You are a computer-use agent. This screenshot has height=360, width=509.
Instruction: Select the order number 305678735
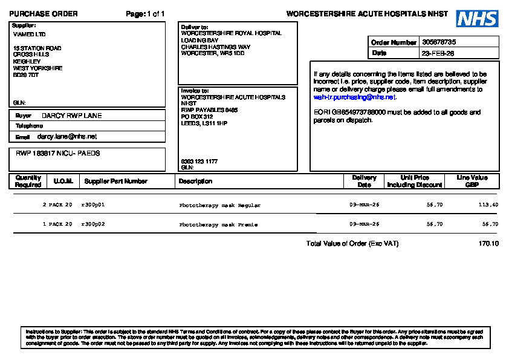(x=439, y=42)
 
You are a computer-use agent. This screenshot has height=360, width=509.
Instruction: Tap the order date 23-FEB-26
(x=438, y=53)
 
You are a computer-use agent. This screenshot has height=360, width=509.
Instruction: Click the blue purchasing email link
(x=354, y=97)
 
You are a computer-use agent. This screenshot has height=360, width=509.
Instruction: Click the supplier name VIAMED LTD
(x=29, y=34)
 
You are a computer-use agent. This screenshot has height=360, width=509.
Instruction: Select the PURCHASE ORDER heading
(x=44, y=14)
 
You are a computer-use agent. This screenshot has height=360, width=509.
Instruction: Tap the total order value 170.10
(x=488, y=244)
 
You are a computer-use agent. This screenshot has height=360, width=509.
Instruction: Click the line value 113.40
(x=488, y=205)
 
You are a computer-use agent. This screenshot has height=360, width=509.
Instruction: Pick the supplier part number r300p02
(x=93, y=224)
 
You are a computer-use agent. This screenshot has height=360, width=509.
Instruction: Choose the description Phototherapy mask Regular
(x=219, y=205)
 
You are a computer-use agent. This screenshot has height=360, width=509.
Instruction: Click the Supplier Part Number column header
(x=115, y=182)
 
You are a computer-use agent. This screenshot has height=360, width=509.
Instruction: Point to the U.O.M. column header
(x=63, y=182)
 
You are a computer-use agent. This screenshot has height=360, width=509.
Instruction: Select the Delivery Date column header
(x=364, y=182)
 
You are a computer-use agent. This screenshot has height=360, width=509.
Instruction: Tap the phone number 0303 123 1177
(x=199, y=162)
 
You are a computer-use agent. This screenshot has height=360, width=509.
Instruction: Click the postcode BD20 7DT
(x=26, y=75)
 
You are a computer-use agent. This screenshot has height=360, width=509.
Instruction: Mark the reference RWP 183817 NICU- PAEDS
(x=58, y=154)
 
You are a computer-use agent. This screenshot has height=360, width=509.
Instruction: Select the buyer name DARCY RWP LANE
(x=71, y=116)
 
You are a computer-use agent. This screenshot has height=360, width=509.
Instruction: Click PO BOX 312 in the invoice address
(x=197, y=117)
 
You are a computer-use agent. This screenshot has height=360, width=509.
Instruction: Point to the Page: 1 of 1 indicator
(x=145, y=14)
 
